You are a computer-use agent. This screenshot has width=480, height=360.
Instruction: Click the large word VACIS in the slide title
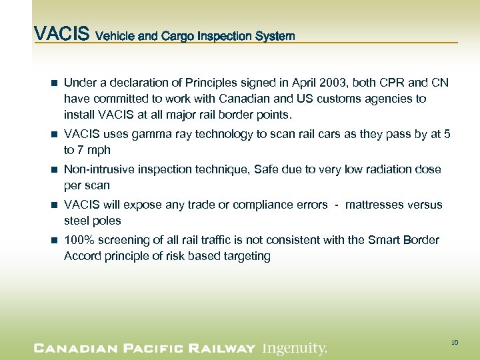point(62,34)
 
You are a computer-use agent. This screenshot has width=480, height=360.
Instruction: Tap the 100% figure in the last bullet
point(77,240)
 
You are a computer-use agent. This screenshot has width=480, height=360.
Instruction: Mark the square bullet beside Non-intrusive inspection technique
point(54,170)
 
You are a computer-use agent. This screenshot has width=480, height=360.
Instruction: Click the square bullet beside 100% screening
point(54,241)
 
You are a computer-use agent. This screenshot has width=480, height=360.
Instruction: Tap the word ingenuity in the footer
point(294,347)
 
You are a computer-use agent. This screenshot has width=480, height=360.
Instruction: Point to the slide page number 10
point(454,343)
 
